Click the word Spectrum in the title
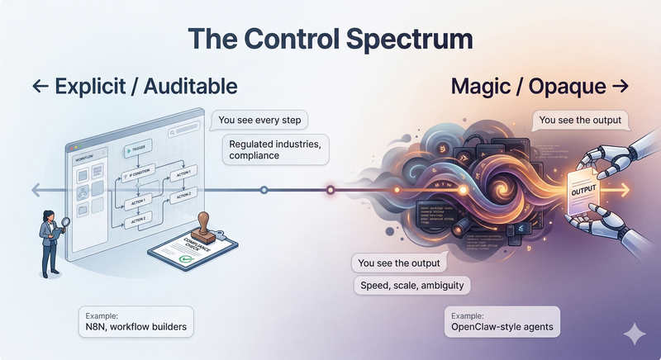click(399, 39)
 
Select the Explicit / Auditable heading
click(135, 85)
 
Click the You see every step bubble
click(260, 121)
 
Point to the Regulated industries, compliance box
click(274, 149)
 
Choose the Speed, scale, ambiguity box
click(410, 286)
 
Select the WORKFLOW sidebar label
click(83, 156)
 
